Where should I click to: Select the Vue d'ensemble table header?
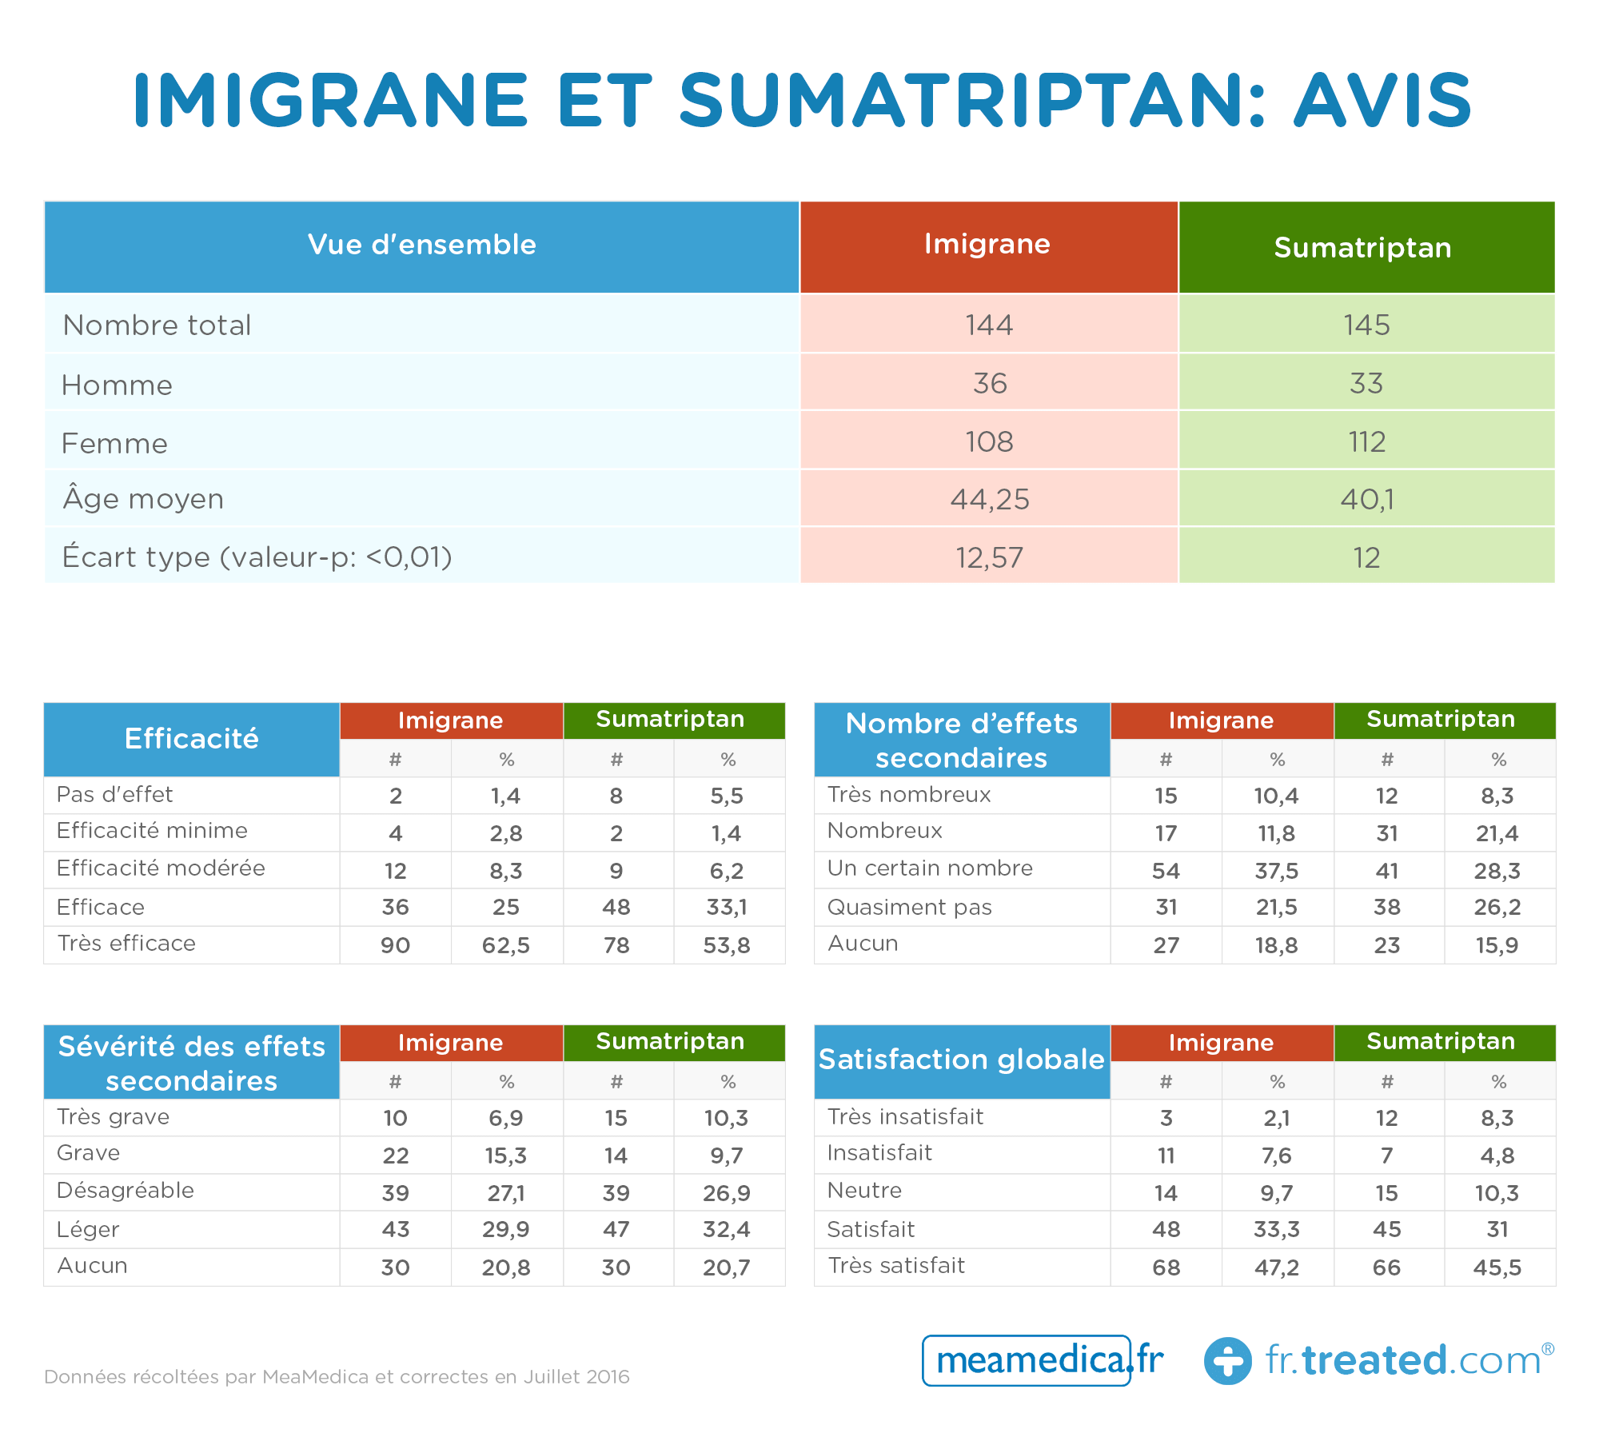click(422, 245)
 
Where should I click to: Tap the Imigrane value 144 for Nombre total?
click(989, 325)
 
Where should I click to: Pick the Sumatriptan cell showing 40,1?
click(1367, 499)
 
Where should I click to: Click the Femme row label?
click(114, 443)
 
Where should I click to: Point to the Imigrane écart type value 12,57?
click(989, 557)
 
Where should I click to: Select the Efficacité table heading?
click(192, 739)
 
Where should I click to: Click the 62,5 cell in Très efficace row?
click(506, 945)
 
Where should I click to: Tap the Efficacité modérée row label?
click(161, 868)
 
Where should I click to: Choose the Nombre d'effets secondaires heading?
click(962, 740)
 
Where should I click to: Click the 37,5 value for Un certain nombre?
click(1277, 871)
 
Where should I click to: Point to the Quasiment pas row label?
click(910, 907)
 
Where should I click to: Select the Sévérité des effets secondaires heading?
click(192, 1063)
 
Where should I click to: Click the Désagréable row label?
click(126, 1190)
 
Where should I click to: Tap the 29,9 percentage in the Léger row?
click(506, 1229)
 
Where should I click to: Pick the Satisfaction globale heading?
click(962, 1060)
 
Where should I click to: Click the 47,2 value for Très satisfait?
click(1277, 1267)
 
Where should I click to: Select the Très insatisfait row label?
click(906, 1116)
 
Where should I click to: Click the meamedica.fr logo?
click(1043, 1360)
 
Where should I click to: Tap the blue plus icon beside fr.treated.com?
click(1228, 1361)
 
